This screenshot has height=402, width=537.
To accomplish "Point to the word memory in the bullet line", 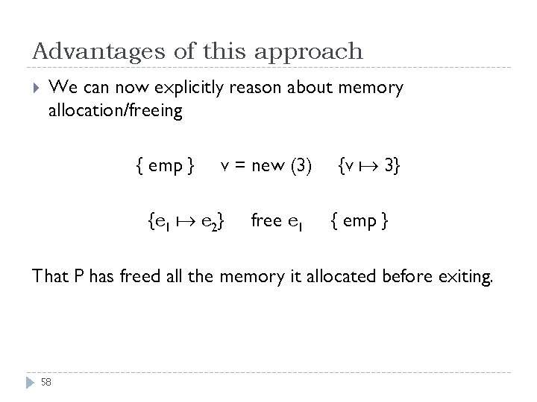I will click(371, 89).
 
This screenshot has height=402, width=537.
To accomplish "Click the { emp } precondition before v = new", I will click(166, 165).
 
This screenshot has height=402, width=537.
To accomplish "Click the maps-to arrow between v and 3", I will click(368, 165).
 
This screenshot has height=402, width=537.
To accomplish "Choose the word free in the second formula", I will click(266, 220).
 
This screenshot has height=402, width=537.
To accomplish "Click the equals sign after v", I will click(236, 166).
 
